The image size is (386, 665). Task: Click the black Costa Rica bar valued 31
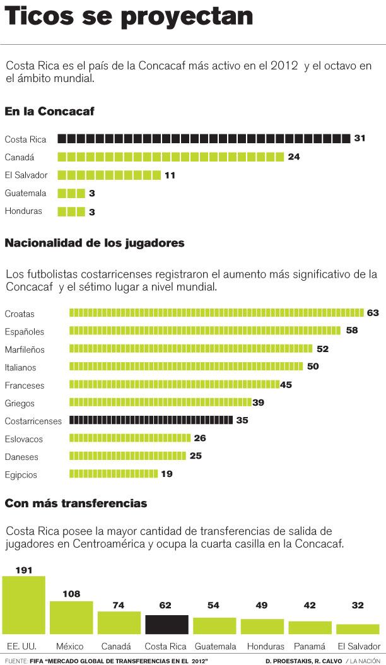pos(204,139)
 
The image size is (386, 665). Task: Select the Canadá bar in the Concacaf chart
pos(171,157)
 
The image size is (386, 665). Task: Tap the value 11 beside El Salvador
pos(170,175)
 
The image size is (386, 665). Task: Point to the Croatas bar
pos(216,313)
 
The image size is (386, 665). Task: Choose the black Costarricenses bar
pos(151,420)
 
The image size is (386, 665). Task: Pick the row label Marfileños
pos(25,349)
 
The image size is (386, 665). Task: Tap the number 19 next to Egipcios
pos(167,474)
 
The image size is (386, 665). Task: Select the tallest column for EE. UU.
pos(24,605)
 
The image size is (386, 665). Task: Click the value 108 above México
pos(71,594)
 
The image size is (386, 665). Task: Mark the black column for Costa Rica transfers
pos(167,624)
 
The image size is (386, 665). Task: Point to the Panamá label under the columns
pos(310,646)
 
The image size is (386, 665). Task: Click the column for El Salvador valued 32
pos(358,629)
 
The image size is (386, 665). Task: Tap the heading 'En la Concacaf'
pos(49,112)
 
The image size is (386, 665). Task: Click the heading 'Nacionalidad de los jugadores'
pos(95,242)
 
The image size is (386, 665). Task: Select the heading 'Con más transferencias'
pos(76,503)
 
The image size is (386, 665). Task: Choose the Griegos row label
pos(20,403)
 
